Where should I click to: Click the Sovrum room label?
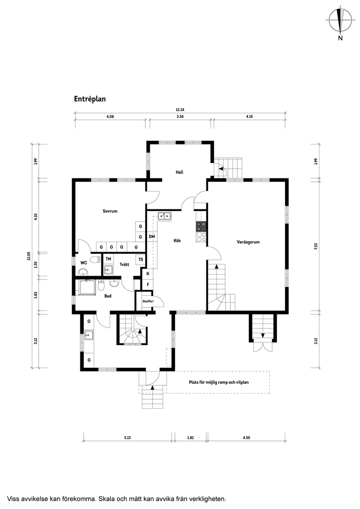point(110,211)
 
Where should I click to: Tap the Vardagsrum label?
point(248,242)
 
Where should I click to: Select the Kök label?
point(177,240)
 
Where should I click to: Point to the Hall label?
point(179,172)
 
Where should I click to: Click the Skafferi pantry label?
point(148,301)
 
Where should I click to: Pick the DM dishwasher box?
point(152,237)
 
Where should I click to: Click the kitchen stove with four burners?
point(201,226)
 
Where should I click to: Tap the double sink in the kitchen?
point(165,215)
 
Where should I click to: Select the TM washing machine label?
point(108,259)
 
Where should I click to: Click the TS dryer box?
point(141,260)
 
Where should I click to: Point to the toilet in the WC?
point(95,259)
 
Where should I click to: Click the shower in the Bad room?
point(88,287)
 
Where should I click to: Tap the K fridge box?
point(148,273)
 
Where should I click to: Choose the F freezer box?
point(148,285)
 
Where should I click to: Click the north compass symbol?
point(340,20)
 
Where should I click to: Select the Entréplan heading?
point(90,99)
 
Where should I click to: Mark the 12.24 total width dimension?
point(180,110)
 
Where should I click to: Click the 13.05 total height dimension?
point(29,256)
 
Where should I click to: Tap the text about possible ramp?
point(219,382)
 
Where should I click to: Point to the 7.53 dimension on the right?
point(315,246)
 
